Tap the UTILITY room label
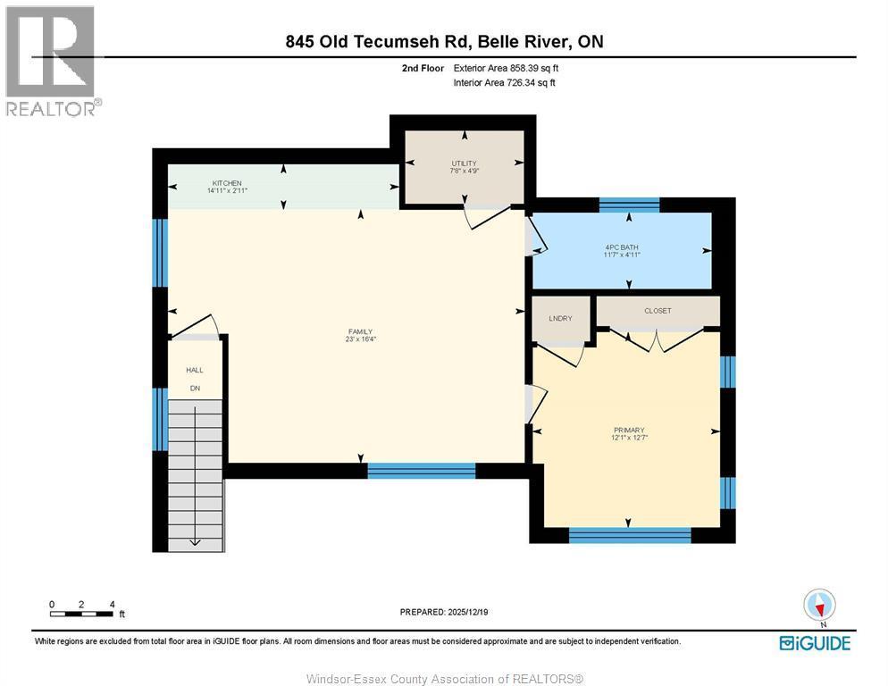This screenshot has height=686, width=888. pos(464,163)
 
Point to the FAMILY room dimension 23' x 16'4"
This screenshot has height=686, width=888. pos(360,339)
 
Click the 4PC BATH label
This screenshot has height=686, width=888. pos(622,247)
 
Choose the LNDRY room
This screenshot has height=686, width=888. pos(560,319)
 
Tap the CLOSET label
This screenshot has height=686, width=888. pos(657,311)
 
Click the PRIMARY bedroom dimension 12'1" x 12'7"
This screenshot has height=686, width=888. pos(629,438)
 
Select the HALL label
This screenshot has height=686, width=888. pos(194,370)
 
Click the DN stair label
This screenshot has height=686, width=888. pos(194,388)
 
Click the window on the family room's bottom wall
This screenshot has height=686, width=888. pos(421,471)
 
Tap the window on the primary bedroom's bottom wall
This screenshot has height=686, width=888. pos(630,535)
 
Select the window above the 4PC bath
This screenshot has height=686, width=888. pos(629,205)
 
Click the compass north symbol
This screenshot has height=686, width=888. pos(819,606)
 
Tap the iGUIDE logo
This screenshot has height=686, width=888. pos(814,643)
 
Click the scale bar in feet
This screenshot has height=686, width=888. pos(82,612)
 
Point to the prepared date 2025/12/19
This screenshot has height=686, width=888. pos(444,612)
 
